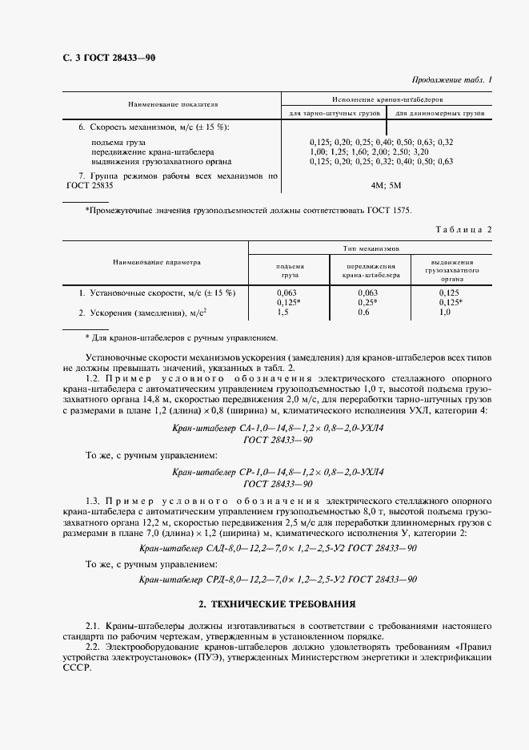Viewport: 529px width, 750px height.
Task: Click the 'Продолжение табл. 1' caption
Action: pos(451,80)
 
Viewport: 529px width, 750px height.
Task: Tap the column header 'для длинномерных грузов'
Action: pos(440,114)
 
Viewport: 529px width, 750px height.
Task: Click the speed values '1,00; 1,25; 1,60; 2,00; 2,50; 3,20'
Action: pos(369,151)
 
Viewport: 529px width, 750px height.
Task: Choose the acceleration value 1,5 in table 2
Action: pos(281,312)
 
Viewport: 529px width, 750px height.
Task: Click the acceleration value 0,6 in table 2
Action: pos(363,312)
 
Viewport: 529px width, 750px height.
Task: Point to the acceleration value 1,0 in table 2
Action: pos(446,312)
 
